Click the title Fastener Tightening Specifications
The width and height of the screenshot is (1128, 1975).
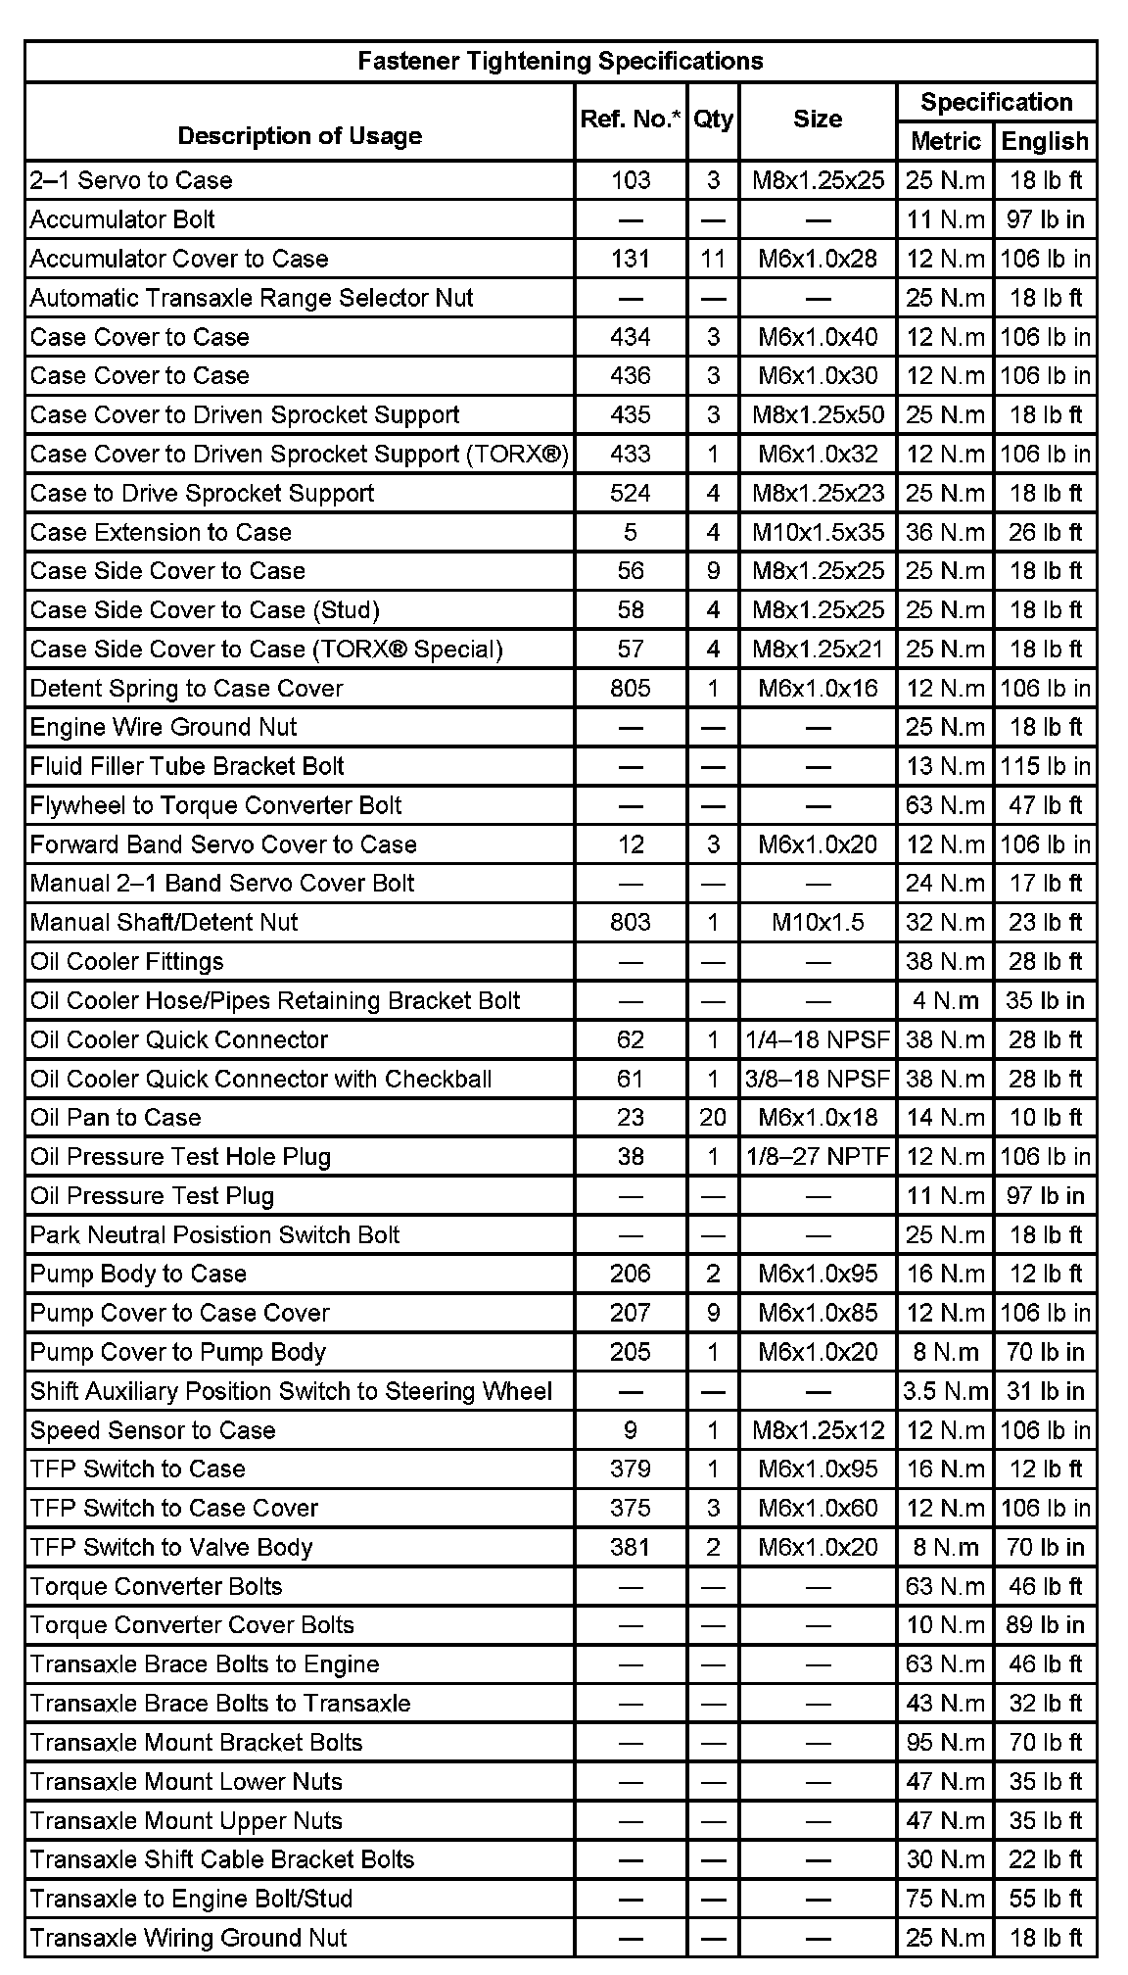(560, 61)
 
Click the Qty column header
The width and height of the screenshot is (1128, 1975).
(713, 119)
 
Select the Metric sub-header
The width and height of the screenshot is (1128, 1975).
(945, 141)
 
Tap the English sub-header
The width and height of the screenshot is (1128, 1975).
(1045, 141)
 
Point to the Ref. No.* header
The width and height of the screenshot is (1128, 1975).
(631, 119)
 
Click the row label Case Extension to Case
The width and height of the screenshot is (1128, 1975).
(161, 532)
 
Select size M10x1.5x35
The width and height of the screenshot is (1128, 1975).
(818, 532)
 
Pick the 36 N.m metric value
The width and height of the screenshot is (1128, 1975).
(945, 532)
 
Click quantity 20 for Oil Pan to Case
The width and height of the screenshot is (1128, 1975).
(713, 1118)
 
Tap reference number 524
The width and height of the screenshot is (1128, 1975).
(631, 493)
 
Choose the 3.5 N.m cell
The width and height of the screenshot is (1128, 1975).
(945, 1391)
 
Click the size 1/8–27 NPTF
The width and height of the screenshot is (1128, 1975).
(818, 1157)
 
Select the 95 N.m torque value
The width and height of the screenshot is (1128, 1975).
(945, 1743)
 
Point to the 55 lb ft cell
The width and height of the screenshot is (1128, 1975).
(1045, 1899)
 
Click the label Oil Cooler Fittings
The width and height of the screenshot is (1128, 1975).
(127, 961)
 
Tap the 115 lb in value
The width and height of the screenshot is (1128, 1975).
(1045, 766)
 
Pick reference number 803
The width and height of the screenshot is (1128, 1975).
(631, 922)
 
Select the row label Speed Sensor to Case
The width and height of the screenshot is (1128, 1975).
(153, 1430)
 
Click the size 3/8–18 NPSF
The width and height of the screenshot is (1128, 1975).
(818, 1079)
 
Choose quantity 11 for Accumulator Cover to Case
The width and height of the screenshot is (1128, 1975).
(713, 259)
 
